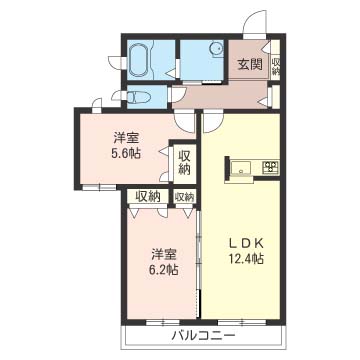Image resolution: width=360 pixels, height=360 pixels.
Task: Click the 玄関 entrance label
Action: click(x=249, y=64)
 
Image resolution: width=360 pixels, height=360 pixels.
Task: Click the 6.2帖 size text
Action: click(x=165, y=269)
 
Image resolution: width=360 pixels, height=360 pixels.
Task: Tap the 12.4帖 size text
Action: click(x=244, y=259)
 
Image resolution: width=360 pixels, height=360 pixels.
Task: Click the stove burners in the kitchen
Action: click(x=269, y=165)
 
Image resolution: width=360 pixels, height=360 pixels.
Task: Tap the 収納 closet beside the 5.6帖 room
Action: click(x=185, y=163)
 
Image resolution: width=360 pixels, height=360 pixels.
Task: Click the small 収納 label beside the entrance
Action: click(x=276, y=67)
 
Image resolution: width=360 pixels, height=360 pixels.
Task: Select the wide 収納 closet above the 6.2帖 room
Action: click(x=149, y=197)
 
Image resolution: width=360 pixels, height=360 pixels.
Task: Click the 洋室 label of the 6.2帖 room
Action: click(x=165, y=253)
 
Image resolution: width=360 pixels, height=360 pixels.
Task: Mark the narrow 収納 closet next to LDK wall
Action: click(x=184, y=197)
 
